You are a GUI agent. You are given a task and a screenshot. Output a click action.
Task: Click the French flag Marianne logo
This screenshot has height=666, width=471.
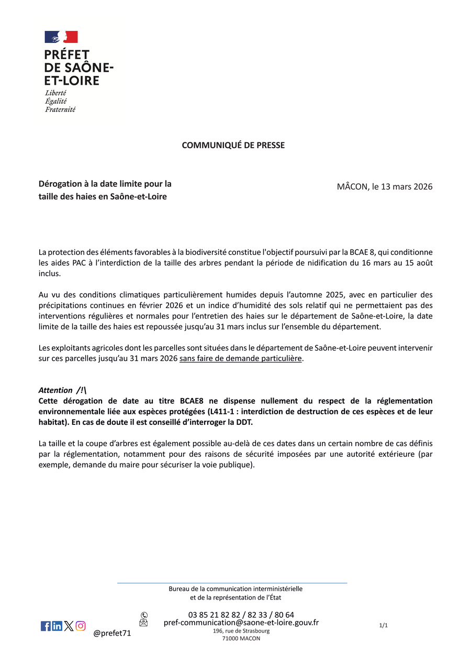(x=61, y=37)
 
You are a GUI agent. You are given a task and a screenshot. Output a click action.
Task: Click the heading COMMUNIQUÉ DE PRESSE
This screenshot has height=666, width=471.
(x=233, y=145)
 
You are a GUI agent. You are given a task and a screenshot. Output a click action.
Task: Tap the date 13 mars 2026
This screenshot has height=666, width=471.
(x=402, y=187)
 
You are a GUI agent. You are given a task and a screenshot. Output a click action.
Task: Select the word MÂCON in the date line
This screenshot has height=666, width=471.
(x=353, y=187)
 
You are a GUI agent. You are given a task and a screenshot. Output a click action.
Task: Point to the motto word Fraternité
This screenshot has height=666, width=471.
(x=60, y=109)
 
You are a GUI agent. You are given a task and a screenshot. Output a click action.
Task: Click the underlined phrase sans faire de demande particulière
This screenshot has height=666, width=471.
(x=240, y=359)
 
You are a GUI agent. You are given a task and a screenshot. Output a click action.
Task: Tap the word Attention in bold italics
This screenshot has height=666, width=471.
(x=55, y=390)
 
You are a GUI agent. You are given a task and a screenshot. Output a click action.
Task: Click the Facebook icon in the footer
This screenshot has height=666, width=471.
(x=46, y=626)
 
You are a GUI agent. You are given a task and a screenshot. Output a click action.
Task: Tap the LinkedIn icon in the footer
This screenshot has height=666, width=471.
(x=57, y=626)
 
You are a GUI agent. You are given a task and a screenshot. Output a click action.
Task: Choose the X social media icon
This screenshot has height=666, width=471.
(x=69, y=626)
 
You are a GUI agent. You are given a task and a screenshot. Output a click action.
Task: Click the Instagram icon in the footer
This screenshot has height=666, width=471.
(x=81, y=626)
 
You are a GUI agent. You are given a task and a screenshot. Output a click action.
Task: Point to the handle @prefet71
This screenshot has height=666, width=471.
(x=112, y=634)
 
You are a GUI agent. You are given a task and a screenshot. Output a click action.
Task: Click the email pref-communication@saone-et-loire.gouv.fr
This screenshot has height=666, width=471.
(x=241, y=623)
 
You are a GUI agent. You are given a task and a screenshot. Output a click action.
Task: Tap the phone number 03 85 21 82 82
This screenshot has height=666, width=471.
(x=214, y=615)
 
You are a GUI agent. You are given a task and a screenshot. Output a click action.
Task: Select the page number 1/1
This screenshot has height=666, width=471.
(x=383, y=625)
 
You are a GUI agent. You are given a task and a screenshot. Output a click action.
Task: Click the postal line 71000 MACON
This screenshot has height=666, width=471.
(x=241, y=638)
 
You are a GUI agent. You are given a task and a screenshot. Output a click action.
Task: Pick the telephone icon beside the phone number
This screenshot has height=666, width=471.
(x=144, y=615)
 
